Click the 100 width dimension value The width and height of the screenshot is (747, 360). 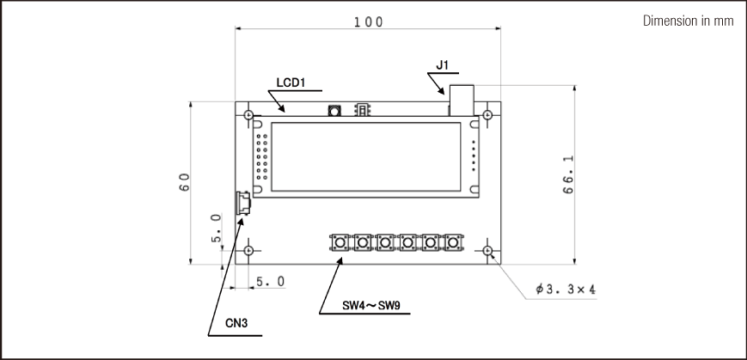pos(368,21)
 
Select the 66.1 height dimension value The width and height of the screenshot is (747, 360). pos(568,174)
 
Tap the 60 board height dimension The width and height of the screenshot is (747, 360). pos(184,182)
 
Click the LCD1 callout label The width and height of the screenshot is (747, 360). pos(291,82)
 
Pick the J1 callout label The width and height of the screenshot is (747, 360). pos(442,65)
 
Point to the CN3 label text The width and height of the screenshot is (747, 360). pos(236,323)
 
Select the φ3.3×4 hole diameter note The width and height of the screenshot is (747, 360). pos(566,289)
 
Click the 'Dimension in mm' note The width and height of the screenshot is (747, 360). pos(689,21)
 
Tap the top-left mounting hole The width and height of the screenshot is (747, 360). pos(248,115)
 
